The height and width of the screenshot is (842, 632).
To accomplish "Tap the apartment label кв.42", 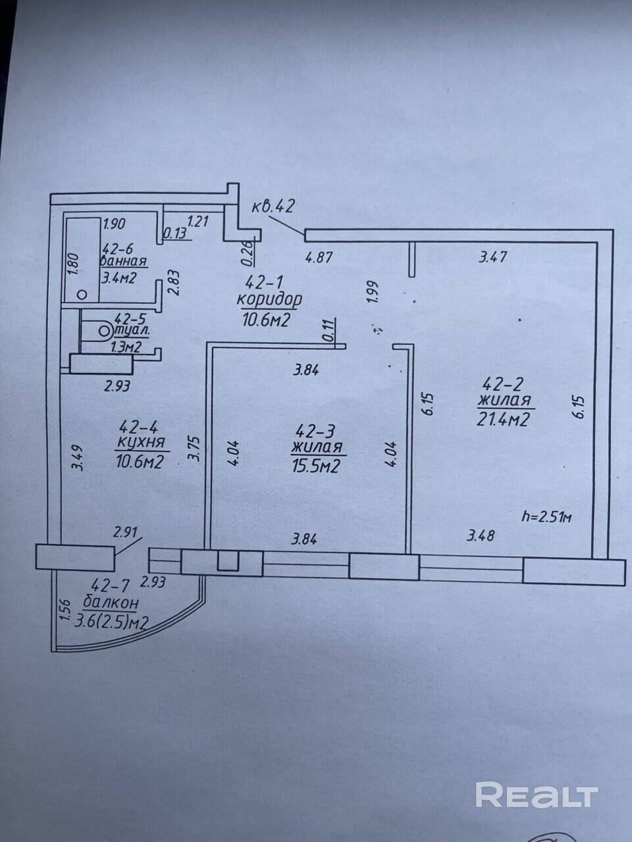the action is click(x=273, y=206).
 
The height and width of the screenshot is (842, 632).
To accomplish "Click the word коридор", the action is click(x=269, y=300).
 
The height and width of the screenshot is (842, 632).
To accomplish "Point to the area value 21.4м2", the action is click(x=504, y=418).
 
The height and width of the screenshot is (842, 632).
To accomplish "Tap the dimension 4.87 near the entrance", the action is click(x=319, y=257).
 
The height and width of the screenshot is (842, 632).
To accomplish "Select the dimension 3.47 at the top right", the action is click(x=492, y=257).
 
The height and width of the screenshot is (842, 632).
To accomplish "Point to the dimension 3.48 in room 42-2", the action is click(x=481, y=535).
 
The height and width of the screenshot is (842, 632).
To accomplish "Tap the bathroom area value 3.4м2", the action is click(x=118, y=278).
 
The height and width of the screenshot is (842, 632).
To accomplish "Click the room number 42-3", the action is click(x=316, y=432).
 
